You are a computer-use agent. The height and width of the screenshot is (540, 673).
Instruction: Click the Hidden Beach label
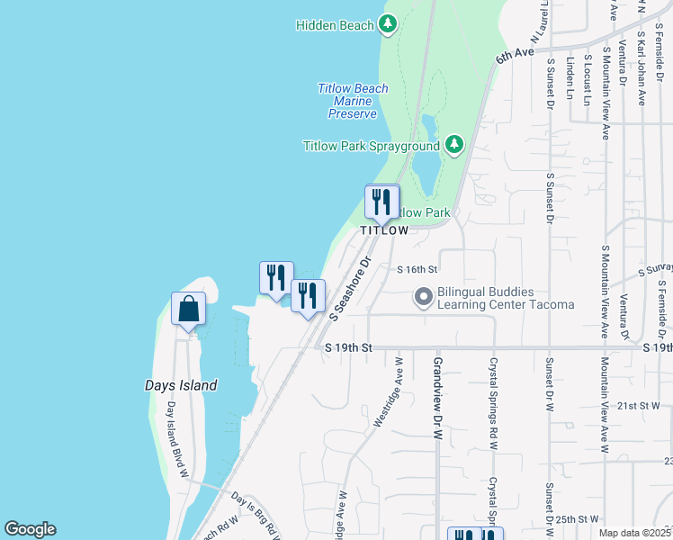(335, 25)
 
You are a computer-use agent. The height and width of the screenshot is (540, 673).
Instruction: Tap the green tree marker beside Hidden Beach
(388, 23)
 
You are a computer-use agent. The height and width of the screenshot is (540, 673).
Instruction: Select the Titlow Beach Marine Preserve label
(353, 101)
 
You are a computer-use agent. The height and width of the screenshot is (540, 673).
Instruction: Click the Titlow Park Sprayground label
(371, 145)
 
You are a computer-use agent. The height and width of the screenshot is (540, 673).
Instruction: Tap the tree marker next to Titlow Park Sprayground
(454, 144)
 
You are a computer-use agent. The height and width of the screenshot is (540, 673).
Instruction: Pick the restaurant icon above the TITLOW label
(381, 202)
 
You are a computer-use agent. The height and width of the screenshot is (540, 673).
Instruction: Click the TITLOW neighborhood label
(384, 230)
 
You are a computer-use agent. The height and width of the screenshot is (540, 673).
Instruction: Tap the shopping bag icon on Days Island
(189, 309)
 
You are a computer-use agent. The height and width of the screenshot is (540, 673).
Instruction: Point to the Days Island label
(181, 385)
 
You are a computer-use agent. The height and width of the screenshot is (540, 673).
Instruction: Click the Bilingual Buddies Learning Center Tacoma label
(505, 298)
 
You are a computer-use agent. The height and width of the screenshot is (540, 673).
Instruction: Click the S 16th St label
(417, 269)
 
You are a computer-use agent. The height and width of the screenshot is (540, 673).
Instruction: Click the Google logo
(30, 529)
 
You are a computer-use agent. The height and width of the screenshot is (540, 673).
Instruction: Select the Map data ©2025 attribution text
(634, 533)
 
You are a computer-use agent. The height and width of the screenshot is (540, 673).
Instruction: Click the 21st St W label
(639, 406)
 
